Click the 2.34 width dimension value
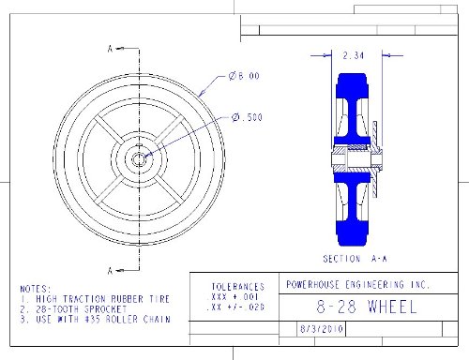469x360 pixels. pyautogui.click(x=354, y=55)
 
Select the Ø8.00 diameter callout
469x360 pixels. pyautogui.click(x=244, y=76)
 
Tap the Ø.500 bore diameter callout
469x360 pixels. pyautogui.click(x=247, y=117)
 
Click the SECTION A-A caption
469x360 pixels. pyautogui.click(x=355, y=259)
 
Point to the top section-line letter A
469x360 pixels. pyautogui.click(x=110, y=49)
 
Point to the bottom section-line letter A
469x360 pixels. pyautogui.click(x=110, y=271)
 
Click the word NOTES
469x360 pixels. pyautogui.click(x=35, y=289)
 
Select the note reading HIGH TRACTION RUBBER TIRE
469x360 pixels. pyautogui.click(x=102, y=299)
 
